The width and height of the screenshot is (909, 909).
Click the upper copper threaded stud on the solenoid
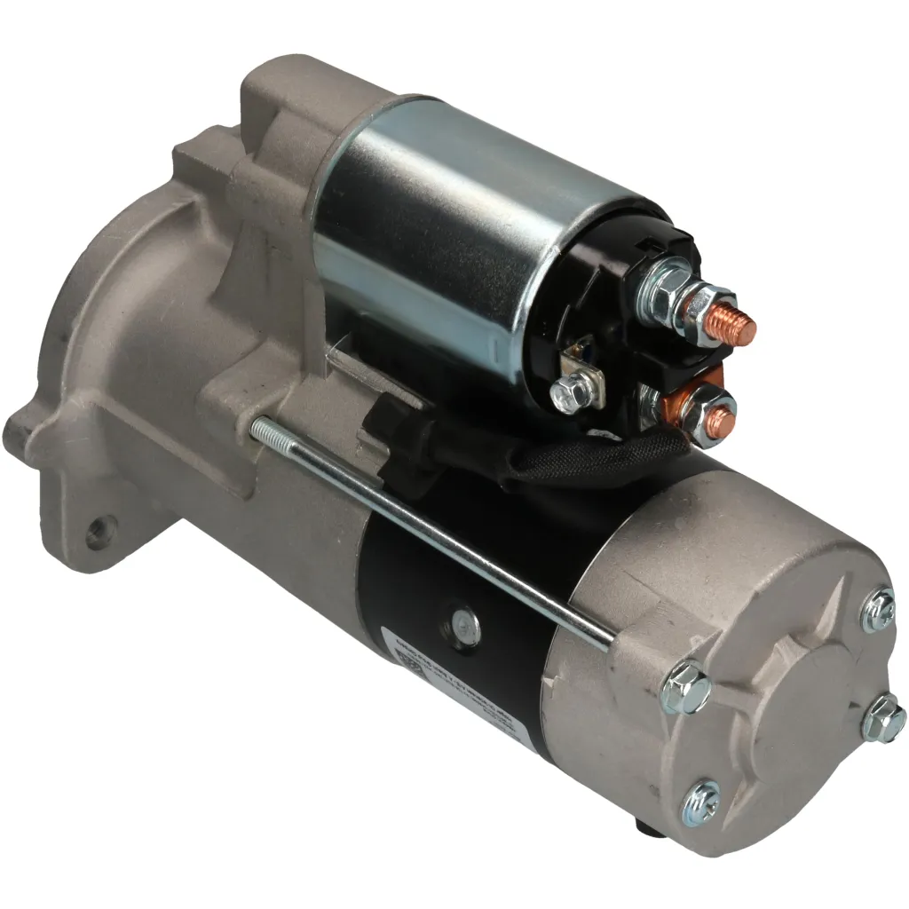click(738, 327)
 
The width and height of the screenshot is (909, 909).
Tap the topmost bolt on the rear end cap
click(878, 611)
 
